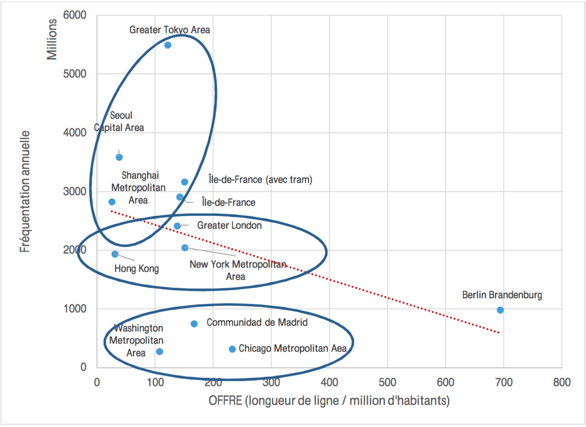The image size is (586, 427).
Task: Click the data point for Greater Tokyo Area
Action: (x=168, y=45)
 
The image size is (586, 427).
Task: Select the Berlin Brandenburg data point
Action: (x=500, y=310)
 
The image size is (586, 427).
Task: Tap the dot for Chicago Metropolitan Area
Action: (x=232, y=349)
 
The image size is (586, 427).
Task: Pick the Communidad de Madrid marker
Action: (x=194, y=323)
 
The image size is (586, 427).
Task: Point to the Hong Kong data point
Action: (x=115, y=254)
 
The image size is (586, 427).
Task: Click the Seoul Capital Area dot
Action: (x=119, y=157)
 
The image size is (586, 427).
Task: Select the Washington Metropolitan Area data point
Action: (x=160, y=351)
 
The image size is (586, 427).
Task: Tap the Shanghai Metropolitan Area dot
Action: (x=112, y=201)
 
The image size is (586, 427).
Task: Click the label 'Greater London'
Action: (x=229, y=226)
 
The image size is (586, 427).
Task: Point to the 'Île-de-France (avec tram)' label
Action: (x=260, y=180)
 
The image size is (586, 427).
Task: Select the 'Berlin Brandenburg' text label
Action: (x=502, y=295)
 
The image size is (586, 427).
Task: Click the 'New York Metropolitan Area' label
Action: (x=237, y=270)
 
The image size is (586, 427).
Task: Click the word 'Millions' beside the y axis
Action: (x=52, y=39)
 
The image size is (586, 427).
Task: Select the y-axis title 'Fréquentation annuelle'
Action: (x=25, y=192)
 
